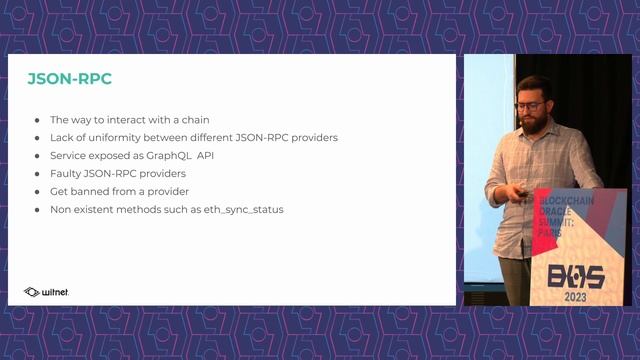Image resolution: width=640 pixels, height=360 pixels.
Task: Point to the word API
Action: pyautogui.click(x=208, y=156)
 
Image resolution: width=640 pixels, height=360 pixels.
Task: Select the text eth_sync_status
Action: pyautogui.click(x=241, y=210)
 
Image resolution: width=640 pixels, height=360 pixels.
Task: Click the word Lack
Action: pyautogui.click(x=62, y=137)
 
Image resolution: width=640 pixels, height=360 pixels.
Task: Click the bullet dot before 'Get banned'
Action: pyautogui.click(x=38, y=192)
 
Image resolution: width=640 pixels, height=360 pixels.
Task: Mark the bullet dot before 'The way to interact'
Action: pyautogui.click(x=38, y=120)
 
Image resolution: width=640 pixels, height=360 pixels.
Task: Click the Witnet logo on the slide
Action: pyautogui.click(x=46, y=292)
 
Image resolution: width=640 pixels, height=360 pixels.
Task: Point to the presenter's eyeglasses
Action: pyautogui.click(x=530, y=106)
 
